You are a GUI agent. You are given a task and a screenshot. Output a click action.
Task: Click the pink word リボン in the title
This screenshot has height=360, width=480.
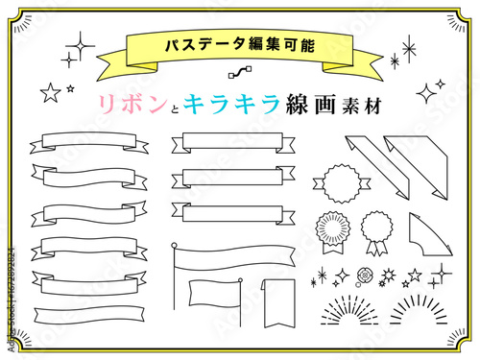132,105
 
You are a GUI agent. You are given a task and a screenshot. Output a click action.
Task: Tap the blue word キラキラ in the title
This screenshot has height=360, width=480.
231,104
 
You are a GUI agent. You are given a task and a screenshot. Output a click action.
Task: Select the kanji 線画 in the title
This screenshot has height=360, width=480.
311,104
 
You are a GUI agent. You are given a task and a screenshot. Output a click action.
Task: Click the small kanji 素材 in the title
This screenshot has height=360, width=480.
362,106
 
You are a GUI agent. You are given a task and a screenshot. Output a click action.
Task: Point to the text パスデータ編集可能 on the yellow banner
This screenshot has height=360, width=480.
240,45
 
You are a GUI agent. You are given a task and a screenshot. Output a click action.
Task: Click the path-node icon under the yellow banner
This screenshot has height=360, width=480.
240,72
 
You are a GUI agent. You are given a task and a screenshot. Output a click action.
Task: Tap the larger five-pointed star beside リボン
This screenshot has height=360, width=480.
51,93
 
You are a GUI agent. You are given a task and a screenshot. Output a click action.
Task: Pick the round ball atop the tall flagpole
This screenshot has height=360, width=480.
174,246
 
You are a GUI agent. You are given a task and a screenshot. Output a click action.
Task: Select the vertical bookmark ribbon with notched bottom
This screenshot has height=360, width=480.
278,303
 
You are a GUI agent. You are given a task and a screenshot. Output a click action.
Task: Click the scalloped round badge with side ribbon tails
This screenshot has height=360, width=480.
342,183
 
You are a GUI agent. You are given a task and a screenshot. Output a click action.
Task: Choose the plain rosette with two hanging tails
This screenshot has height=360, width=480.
376,232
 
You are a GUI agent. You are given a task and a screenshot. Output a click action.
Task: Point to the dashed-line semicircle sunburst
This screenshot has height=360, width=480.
349,310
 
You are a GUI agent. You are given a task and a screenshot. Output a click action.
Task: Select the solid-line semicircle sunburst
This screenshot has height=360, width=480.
419,310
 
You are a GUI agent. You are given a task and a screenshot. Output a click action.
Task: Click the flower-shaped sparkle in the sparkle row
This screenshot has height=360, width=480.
364,276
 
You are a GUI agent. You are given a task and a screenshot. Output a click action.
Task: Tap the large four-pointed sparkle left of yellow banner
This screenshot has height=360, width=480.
81,46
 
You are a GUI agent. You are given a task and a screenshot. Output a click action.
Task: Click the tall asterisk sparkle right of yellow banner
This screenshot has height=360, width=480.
409,49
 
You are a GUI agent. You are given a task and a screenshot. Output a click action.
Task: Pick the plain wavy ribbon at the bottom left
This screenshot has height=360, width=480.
89,316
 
